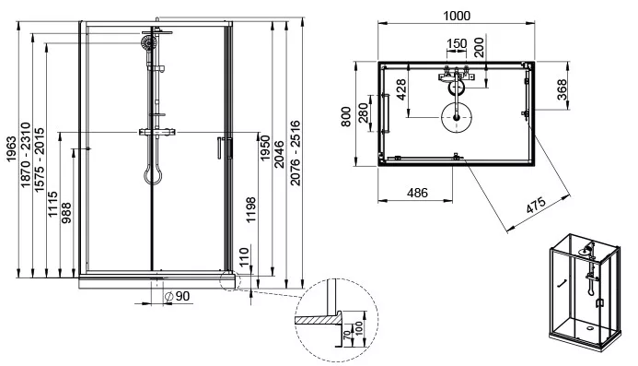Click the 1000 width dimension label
pos(457,16)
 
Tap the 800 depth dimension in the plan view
pos(346,116)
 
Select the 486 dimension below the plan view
pos(417,193)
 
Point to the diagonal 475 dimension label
pos(536,205)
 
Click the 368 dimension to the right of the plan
pos(562,89)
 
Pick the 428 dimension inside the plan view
pos(401,89)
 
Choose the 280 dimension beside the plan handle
pos(364,112)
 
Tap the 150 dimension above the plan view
pos(457,43)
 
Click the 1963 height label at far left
pos(11,148)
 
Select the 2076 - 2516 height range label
pos(296,153)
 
